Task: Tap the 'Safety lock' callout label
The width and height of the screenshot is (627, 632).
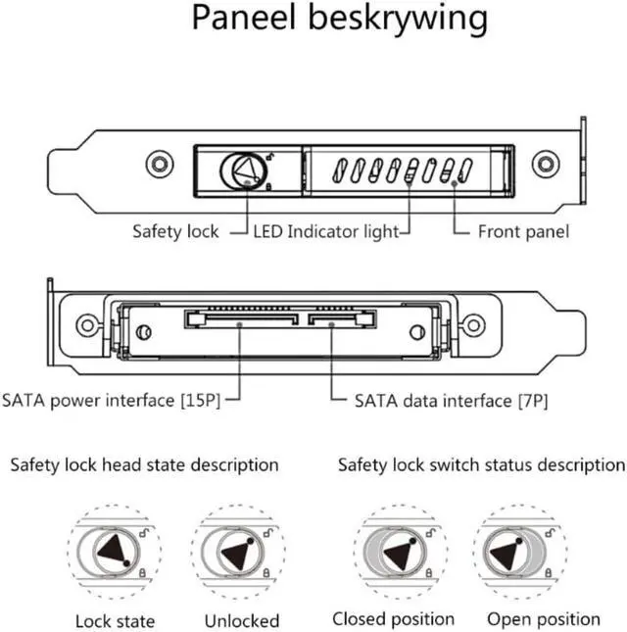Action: pyautogui.click(x=176, y=232)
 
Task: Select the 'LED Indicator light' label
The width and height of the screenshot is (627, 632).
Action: pyautogui.click(x=326, y=232)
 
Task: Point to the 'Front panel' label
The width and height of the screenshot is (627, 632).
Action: pyautogui.click(x=523, y=232)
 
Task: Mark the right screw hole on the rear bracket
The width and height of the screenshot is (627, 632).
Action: pyautogui.click(x=474, y=324)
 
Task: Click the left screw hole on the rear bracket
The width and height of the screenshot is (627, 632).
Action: pyautogui.click(x=87, y=324)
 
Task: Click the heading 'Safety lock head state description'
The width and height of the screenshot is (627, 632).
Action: pyautogui.click(x=144, y=464)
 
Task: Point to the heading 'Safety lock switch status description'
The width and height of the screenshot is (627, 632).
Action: pyautogui.click(x=481, y=464)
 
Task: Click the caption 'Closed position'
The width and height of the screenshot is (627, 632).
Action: pyautogui.click(x=394, y=619)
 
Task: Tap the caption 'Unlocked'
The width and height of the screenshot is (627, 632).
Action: pyautogui.click(x=242, y=620)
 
